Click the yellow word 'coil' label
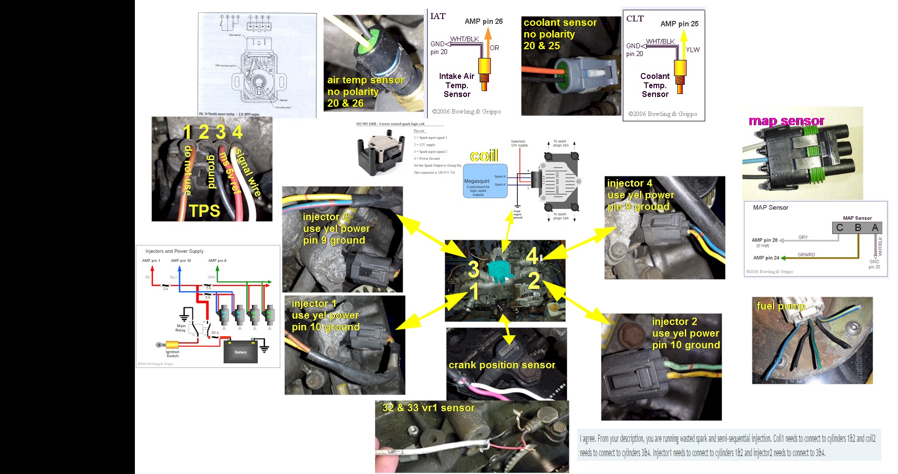click(484, 156)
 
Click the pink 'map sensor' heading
click(786, 121)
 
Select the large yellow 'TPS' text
click(205, 210)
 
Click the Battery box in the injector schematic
click(241, 352)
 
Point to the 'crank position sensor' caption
click(502, 365)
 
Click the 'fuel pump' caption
click(781, 306)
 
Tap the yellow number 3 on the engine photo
click(473, 269)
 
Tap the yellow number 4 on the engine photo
click(532, 256)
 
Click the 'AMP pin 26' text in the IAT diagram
click(484, 21)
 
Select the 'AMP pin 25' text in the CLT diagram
click(679, 24)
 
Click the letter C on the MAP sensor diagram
click(840, 228)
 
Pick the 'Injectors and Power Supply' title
click(174, 251)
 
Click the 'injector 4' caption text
click(629, 183)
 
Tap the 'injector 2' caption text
click(674, 322)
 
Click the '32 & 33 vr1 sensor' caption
click(428, 408)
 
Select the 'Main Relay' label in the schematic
click(181, 328)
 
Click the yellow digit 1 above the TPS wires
click(187, 132)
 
